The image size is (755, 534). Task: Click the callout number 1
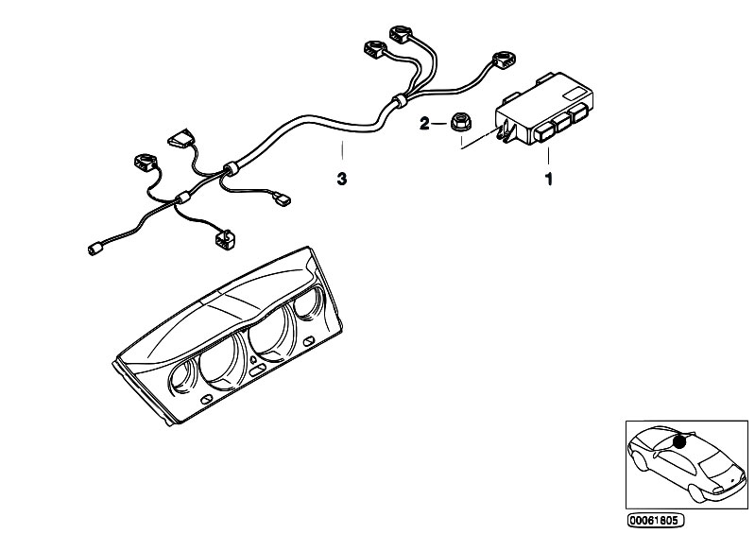tap(547, 177)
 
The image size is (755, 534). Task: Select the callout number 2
tap(425, 123)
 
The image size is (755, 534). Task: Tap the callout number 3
tap(341, 177)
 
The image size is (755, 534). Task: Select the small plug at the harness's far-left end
tap(94, 250)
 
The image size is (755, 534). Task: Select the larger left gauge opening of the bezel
tap(219, 353)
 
